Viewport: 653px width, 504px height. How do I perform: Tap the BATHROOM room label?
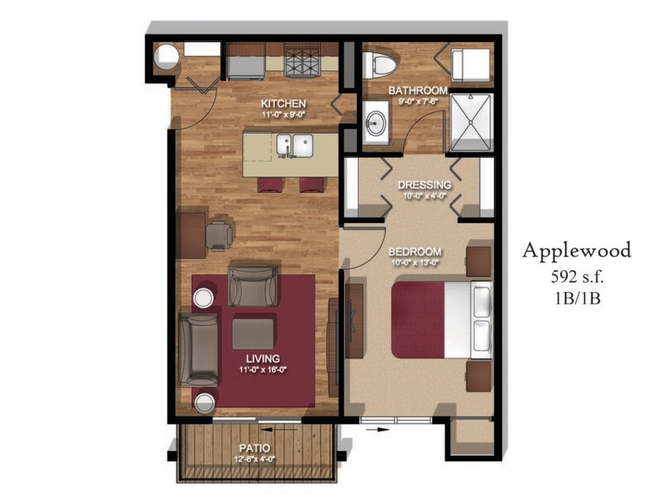(x=418, y=90)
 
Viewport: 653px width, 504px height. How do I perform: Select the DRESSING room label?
(x=424, y=184)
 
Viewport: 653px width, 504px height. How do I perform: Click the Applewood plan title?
(x=577, y=250)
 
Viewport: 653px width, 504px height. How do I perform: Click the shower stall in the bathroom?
(x=471, y=123)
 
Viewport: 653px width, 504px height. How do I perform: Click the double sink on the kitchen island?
(x=293, y=144)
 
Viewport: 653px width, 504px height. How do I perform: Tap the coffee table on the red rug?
(x=252, y=333)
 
